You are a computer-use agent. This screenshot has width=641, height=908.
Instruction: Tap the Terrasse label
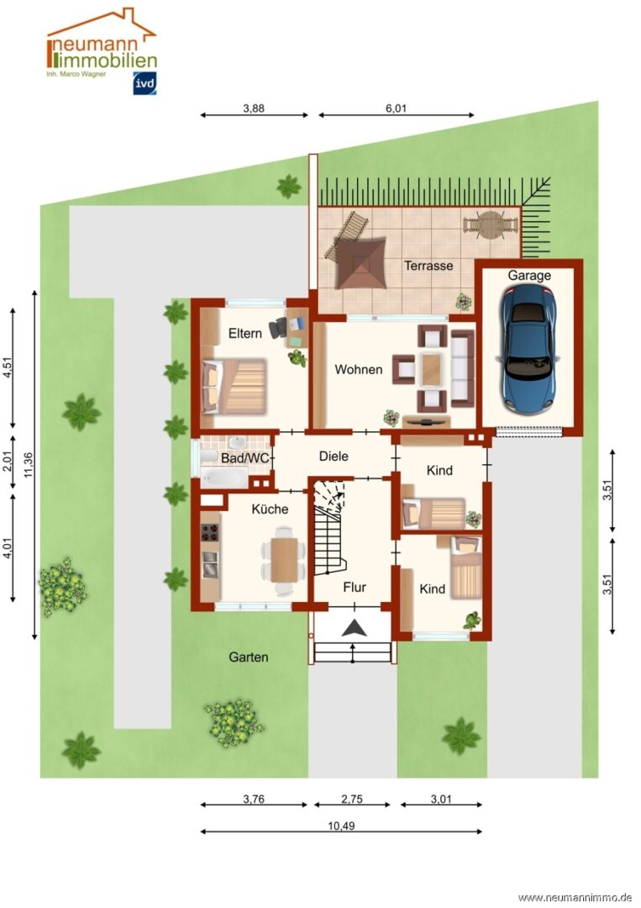(428, 266)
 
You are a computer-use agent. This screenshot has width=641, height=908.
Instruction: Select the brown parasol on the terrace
(361, 263)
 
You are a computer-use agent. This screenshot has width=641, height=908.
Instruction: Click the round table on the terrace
(490, 224)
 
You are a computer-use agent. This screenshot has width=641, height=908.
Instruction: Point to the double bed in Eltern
(234, 386)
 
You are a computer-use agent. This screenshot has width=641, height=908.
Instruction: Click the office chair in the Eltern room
(279, 327)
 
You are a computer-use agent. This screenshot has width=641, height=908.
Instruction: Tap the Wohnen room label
(358, 369)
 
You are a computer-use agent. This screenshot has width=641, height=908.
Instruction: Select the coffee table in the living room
(432, 369)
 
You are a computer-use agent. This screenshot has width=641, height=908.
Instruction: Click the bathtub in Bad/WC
(224, 478)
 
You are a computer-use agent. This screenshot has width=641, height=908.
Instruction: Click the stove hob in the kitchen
(210, 531)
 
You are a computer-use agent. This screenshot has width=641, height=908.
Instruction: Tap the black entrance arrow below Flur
(354, 628)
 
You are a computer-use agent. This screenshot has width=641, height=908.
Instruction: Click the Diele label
(334, 457)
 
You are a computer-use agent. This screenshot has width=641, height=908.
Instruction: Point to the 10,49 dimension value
(341, 826)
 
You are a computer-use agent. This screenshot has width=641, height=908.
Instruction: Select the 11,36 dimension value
(29, 465)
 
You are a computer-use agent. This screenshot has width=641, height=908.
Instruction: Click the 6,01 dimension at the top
(397, 108)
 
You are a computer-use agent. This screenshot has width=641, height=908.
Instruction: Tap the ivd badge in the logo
(144, 84)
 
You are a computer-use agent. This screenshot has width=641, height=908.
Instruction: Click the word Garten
(248, 657)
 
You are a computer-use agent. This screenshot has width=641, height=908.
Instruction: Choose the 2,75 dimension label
(352, 800)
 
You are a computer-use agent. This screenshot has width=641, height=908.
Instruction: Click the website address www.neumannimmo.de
(576, 898)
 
